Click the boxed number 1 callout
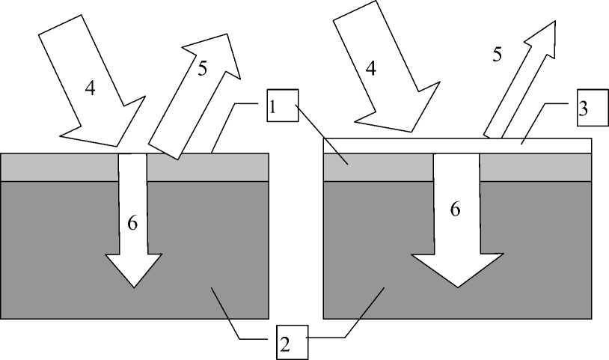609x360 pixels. [x=281, y=106]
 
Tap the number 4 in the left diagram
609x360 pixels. [x=91, y=87]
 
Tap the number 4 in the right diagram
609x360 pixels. [x=370, y=67]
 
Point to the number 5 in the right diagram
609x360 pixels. [x=497, y=54]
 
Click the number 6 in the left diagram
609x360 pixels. [x=132, y=223]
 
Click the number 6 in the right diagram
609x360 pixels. [x=455, y=209]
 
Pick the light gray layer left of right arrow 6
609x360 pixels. [x=378, y=168]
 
